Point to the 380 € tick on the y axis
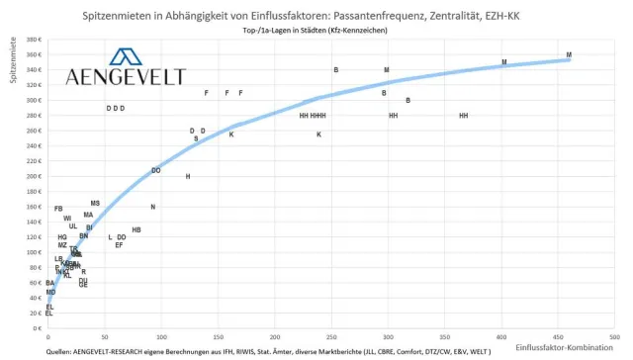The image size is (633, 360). [33, 40]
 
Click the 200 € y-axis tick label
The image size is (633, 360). [33, 177]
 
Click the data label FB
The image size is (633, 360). [58, 209]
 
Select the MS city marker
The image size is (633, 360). [95, 204]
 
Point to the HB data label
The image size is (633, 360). [136, 230]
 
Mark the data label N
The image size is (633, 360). [153, 208]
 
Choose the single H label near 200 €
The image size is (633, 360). [188, 177]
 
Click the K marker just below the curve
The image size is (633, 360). [231, 135]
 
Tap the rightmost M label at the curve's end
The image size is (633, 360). [569, 55]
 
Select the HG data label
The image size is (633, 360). [62, 237]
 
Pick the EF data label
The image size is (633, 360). [119, 245]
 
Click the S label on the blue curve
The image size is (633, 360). [196, 139]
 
